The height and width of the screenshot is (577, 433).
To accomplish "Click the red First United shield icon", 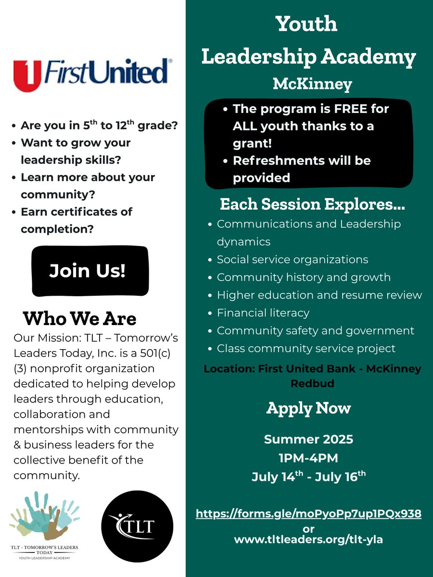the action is [27, 76].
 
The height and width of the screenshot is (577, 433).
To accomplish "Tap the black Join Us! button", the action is [90, 271].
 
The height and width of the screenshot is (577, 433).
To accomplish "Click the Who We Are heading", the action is [80, 319].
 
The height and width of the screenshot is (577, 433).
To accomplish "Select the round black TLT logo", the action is [137, 526].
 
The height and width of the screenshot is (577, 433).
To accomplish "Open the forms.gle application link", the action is [308, 513].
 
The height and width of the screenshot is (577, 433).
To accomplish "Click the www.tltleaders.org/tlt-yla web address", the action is [308, 539].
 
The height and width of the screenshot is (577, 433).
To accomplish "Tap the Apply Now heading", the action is [308, 409].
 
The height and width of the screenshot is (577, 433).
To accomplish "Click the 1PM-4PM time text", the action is [308, 458].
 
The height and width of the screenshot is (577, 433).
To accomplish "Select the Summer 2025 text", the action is [308, 439].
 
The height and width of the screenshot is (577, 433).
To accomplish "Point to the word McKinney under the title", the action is [312, 84].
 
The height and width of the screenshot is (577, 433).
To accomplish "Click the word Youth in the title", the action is [306, 24].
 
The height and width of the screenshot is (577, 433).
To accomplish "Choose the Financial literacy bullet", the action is [263, 313].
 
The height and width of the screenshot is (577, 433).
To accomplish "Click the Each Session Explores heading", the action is [312, 204].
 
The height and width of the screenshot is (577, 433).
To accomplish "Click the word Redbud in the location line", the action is [312, 383].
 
